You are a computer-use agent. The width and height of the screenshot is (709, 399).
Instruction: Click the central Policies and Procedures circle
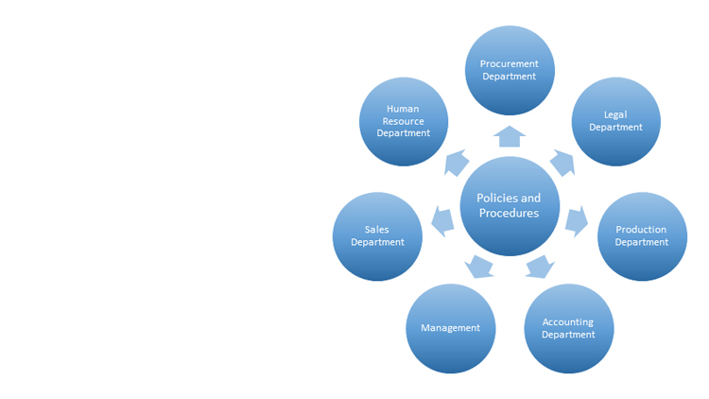coord(510,205)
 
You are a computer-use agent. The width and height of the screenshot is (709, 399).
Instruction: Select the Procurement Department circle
coord(510,70)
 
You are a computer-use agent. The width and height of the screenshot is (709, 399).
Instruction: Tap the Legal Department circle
coord(615,121)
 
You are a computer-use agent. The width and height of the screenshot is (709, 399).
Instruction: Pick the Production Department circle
coord(642,235)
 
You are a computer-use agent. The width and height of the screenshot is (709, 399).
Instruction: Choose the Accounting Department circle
coord(568,328)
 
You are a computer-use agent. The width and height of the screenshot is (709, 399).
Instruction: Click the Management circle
coord(451,328)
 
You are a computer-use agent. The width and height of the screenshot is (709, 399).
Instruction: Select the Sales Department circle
coord(377,235)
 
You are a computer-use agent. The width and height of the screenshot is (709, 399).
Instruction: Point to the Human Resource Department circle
coord(404,121)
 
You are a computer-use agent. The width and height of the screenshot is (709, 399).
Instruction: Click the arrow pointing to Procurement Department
coord(510,137)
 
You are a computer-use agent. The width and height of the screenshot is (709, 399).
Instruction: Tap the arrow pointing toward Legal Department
coord(562,162)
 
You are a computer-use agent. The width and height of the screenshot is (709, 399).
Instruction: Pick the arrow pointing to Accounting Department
coord(538,266)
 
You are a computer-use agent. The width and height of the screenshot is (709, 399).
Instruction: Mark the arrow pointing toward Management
coord(480,266)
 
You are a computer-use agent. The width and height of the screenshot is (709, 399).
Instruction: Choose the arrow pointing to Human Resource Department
coord(457,162)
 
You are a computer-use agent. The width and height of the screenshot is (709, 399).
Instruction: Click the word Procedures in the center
coord(509,213)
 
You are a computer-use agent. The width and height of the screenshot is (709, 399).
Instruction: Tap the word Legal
coord(615,114)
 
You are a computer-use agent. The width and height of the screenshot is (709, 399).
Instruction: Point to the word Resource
coord(404,121)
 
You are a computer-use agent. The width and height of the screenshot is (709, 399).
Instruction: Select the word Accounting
coord(568,321)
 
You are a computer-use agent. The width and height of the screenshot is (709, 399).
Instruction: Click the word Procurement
coord(510,63)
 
